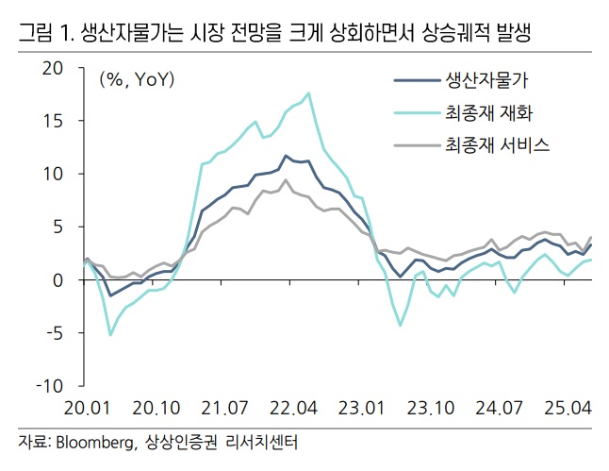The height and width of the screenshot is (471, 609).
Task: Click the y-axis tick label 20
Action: point(51,69)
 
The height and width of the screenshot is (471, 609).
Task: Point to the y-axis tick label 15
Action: point(51,122)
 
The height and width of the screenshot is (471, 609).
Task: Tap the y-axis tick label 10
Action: point(51,175)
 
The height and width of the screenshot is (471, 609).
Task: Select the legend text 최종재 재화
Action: point(490,113)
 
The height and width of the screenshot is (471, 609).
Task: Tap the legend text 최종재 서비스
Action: point(497,145)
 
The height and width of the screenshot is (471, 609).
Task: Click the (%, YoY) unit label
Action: point(138,80)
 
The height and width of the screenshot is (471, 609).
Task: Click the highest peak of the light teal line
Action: point(308,93)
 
